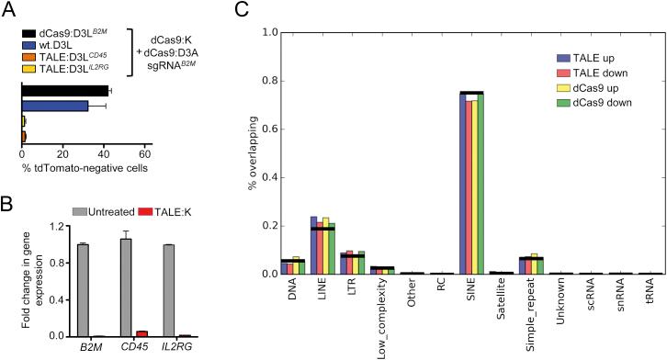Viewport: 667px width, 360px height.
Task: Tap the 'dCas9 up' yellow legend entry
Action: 586,89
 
